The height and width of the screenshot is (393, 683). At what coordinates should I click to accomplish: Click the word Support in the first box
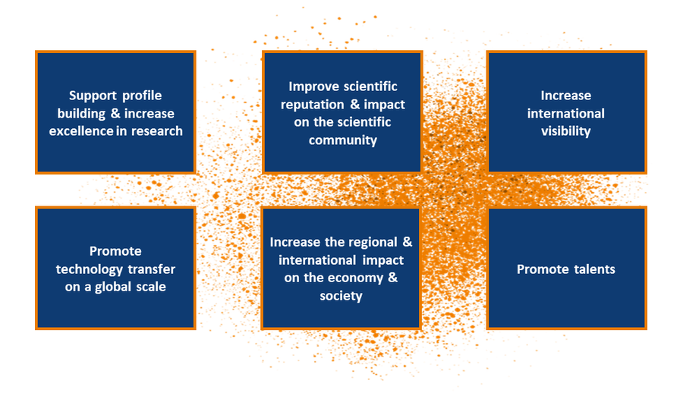tap(93, 96)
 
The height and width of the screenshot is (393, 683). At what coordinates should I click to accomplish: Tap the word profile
tap(142, 96)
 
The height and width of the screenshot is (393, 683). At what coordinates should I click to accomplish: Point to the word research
tap(157, 131)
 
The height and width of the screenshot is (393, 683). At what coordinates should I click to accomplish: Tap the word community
tap(343, 140)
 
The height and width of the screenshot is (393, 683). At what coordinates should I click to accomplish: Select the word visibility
tap(566, 131)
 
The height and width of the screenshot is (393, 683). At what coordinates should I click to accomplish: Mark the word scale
tap(150, 287)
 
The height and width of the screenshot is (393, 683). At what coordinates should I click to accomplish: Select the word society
tap(341, 297)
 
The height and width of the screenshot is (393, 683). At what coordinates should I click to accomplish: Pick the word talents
tap(594, 269)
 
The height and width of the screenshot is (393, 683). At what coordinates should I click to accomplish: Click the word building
tap(81, 114)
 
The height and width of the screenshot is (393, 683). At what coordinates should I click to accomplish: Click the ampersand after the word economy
tap(393, 278)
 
